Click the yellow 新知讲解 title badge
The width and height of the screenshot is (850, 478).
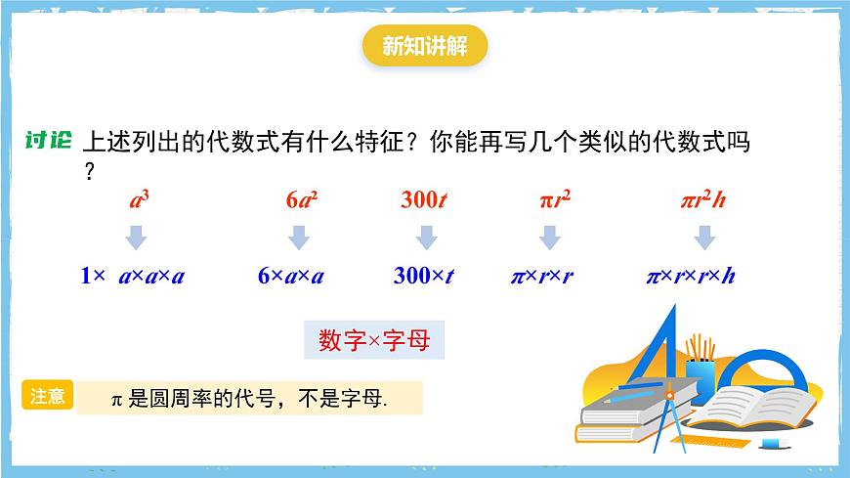424,47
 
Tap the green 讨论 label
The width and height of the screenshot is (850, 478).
48,141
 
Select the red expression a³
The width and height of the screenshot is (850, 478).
139,200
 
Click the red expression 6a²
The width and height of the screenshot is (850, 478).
302,200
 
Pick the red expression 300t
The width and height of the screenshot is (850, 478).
424,200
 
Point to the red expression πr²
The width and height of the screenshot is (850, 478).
554,200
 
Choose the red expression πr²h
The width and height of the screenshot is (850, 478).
703,200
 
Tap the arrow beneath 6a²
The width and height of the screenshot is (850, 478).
300,238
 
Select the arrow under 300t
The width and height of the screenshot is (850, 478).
425,238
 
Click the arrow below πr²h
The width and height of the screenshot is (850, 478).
703,238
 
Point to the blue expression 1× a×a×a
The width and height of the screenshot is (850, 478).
133,276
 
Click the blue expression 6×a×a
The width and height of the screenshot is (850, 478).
291,276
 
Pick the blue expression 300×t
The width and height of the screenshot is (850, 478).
423,276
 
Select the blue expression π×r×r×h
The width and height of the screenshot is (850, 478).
691,276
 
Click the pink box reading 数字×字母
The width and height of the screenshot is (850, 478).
374,340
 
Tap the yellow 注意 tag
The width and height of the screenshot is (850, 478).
48,395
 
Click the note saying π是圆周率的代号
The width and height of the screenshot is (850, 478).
249,399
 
